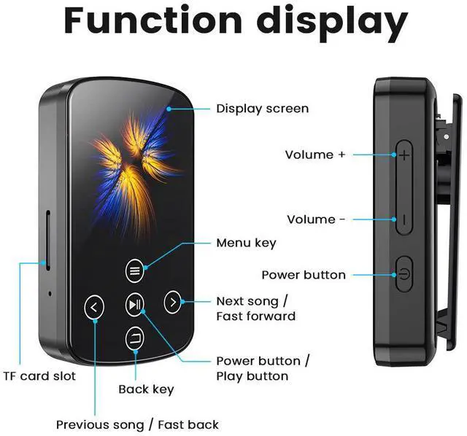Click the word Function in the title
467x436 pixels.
tap(158, 23)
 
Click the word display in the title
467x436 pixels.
tap(331, 23)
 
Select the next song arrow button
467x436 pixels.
tap(171, 301)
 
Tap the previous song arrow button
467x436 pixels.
tap(95, 307)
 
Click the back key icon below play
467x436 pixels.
tap(135, 338)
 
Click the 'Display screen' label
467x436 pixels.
tap(262, 109)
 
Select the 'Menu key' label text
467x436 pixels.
tap(246, 243)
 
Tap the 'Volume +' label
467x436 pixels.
tap(314, 155)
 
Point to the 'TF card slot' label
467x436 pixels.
tap(39, 376)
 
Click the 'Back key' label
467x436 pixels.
tap(146, 389)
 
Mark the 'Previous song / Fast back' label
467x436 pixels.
tap(137, 424)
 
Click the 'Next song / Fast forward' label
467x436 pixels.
tap(255, 308)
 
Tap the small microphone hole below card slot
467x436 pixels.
tap(50, 293)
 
